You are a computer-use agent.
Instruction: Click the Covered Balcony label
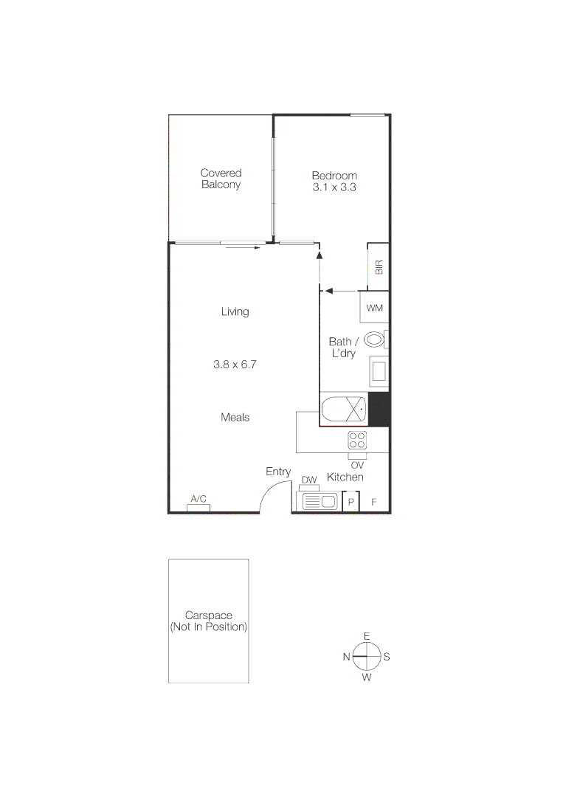(221, 179)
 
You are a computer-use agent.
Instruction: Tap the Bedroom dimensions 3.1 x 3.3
(334, 187)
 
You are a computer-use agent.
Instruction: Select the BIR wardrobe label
(379, 267)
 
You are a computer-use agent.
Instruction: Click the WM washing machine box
(374, 307)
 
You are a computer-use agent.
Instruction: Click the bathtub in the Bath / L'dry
(343, 408)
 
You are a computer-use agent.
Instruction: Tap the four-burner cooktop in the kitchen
(357, 440)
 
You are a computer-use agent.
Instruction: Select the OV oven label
(357, 465)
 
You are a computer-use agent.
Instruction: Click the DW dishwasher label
(309, 480)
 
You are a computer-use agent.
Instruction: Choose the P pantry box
(351, 503)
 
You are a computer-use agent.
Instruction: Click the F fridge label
(374, 503)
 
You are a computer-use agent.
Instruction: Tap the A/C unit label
(198, 500)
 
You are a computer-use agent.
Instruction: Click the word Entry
(278, 472)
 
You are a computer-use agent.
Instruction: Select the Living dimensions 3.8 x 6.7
(235, 364)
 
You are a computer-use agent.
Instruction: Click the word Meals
(235, 417)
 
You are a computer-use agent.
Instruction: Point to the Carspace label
(208, 621)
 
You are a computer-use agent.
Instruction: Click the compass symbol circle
(367, 655)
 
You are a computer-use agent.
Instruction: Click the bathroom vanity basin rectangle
(379, 370)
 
